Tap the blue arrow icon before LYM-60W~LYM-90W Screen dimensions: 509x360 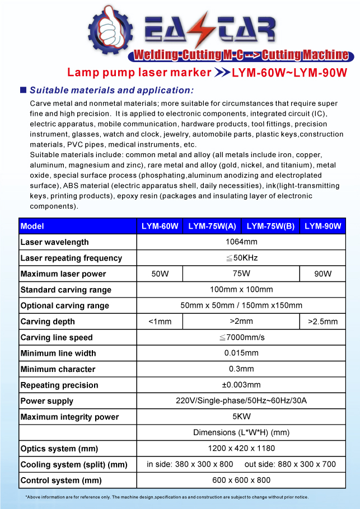(x=222, y=73)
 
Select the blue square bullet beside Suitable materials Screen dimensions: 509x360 (x=23, y=90)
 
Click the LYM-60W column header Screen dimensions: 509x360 (x=160, y=227)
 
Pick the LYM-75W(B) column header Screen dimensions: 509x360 (x=270, y=227)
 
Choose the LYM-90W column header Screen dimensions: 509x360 (x=322, y=227)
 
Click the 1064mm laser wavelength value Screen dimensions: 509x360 (x=241, y=242)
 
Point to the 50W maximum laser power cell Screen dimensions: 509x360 (x=160, y=274)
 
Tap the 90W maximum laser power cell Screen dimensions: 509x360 (x=322, y=274)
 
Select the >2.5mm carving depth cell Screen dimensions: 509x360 (x=322, y=322)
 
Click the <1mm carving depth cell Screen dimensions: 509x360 (x=160, y=322)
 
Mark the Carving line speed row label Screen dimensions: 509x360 (x=57, y=338)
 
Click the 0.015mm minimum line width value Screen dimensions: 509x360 (x=241, y=354)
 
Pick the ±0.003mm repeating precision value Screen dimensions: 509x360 (x=241, y=385)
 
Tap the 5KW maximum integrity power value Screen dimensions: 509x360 (x=241, y=417)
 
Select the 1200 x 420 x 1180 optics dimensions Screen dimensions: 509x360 (x=241, y=449)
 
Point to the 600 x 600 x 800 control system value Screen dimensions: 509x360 (x=241, y=480)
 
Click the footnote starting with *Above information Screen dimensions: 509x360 (x=166, y=497)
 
